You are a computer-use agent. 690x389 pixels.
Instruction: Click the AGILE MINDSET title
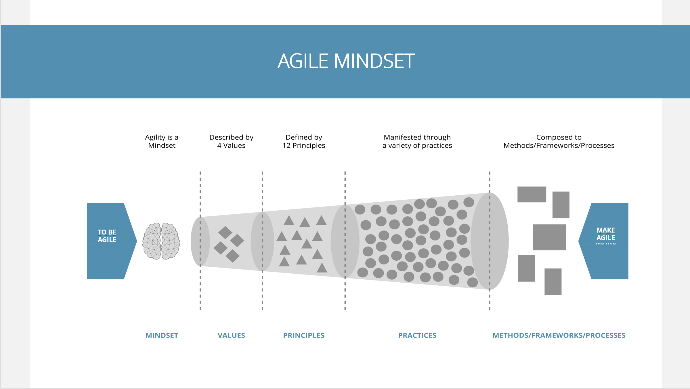pos(346,61)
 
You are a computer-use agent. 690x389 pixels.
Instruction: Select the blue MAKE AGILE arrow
pos(603,241)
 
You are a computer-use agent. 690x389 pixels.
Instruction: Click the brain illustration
pos(161,241)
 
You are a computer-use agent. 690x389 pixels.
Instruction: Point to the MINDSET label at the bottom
pos(162,335)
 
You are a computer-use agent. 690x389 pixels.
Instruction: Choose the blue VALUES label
pos(231,335)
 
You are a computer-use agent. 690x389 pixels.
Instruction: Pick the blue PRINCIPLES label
pos(304,335)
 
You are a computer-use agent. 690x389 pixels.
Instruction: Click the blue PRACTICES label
pos(417,335)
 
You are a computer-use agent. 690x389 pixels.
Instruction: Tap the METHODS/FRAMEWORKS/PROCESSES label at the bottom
pos(559,335)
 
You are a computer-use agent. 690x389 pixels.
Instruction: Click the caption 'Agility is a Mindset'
pos(162,141)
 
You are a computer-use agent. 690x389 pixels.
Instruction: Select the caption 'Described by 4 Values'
pos(231,141)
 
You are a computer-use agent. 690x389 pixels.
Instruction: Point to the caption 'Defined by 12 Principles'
pos(304,141)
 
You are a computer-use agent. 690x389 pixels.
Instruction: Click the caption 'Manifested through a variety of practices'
pos(417,141)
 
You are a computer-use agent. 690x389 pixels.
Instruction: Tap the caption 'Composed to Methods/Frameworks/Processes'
pos(559,141)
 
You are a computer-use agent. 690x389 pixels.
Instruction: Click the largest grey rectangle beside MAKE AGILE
pos(549,237)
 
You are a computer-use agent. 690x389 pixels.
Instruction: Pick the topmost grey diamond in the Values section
pos(225,232)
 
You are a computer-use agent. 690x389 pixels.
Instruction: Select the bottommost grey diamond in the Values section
pos(232,256)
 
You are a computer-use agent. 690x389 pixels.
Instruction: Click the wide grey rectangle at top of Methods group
pos(532,194)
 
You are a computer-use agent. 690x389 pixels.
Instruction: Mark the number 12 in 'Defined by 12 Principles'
pos(286,146)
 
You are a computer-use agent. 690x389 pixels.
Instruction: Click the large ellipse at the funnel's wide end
pos(490,241)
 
